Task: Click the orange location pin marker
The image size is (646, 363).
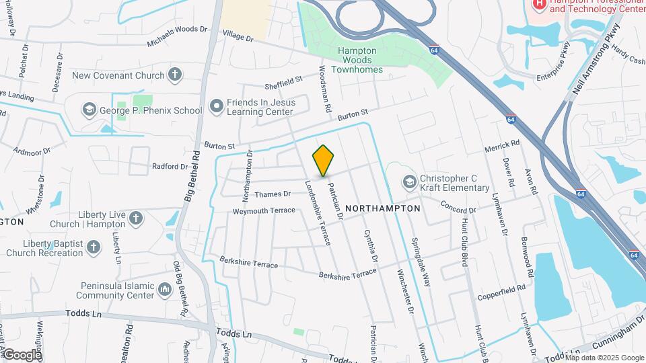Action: click(324, 161)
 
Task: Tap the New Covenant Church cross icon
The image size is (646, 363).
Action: click(175, 75)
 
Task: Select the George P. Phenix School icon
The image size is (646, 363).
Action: click(89, 110)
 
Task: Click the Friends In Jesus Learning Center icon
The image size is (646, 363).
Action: click(216, 106)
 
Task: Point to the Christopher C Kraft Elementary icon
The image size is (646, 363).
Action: click(409, 182)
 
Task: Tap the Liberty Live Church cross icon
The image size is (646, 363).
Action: click(136, 218)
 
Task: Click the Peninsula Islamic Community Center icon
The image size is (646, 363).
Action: click(165, 290)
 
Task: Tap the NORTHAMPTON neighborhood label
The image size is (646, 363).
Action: click(382, 208)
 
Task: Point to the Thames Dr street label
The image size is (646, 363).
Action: click(273, 194)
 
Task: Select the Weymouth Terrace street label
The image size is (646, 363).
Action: click(264, 210)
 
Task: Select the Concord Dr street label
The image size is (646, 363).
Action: click(458, 206)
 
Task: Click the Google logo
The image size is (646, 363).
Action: click(22, 354)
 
